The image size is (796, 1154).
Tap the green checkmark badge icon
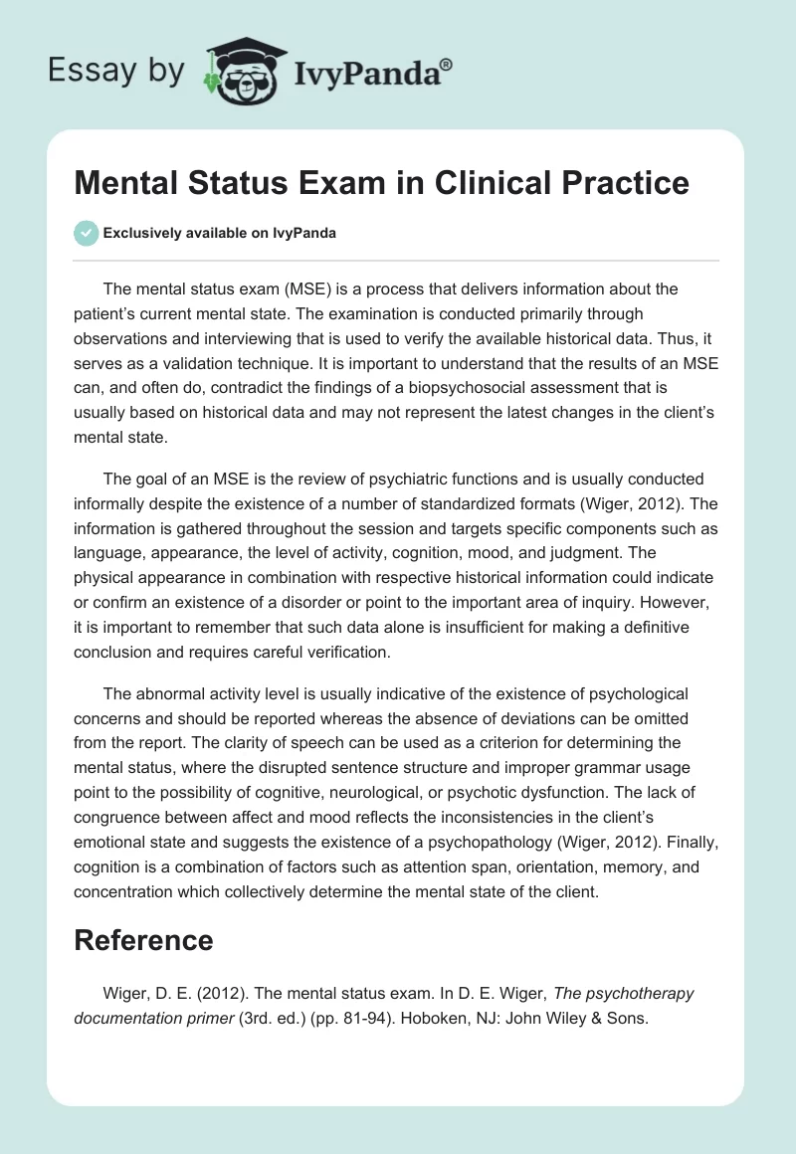click(x=86, y=233)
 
